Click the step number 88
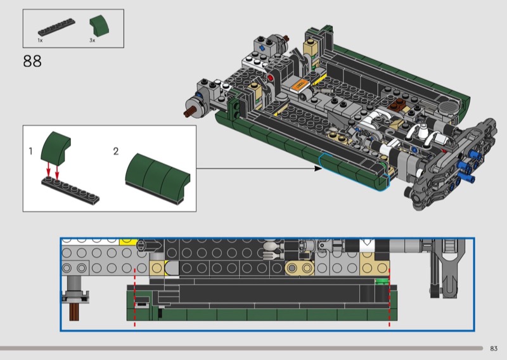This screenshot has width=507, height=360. coord(32,61)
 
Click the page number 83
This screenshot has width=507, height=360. coord(494,349)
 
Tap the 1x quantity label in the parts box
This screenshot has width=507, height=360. coord(40,41)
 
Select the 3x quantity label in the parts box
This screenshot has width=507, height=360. coord(93,41)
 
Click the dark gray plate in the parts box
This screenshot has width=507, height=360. coord(56,27)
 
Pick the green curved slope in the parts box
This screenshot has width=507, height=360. coord(99,25)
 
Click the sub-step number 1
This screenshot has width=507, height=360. coord(30,151)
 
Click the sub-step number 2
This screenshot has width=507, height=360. coord(116,151)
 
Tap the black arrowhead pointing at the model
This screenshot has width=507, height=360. coord(318,168)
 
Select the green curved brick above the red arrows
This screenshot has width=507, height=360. coord(56,146)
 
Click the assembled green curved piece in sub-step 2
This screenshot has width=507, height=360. coord(158,179)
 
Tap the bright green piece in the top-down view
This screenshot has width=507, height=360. coord(382,281)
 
